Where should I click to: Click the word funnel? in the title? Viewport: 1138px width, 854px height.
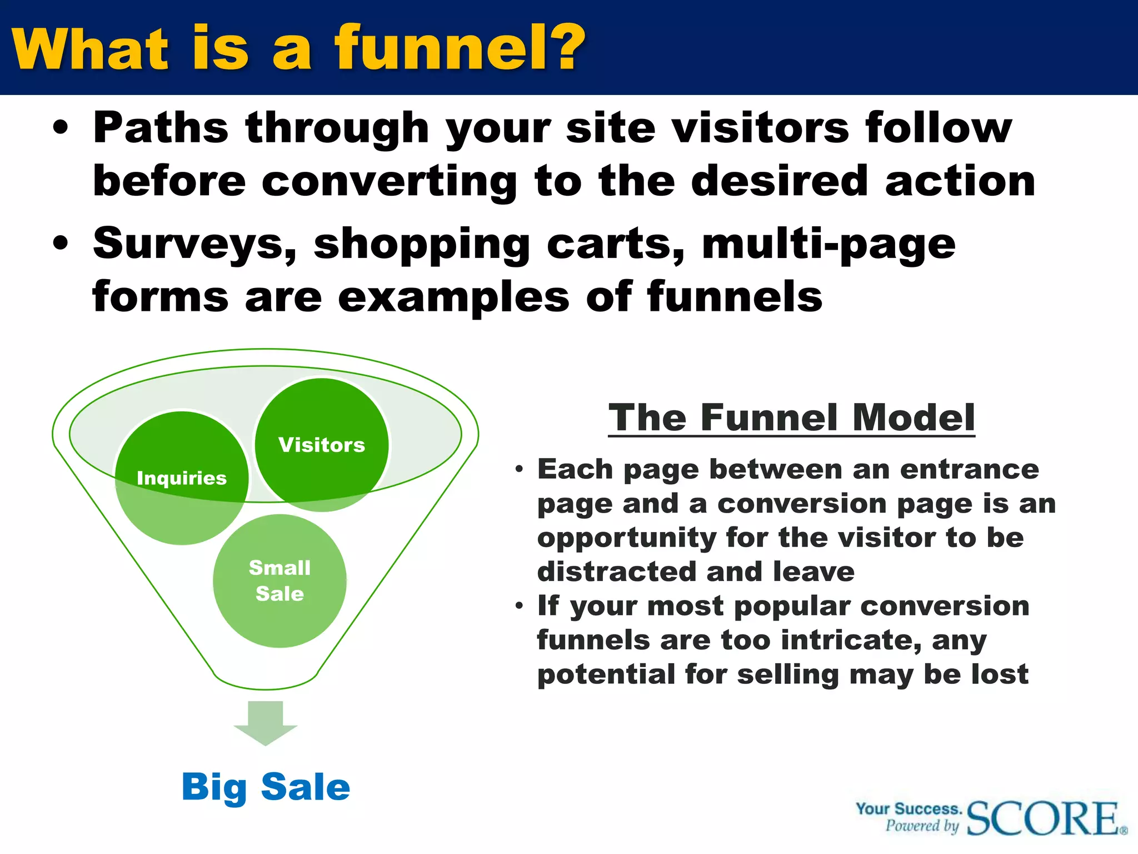(459, 49)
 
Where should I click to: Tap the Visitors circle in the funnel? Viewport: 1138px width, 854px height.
(322, 444)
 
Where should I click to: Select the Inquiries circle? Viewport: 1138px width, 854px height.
(182, 478)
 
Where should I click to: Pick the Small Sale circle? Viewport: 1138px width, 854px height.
(279, 580)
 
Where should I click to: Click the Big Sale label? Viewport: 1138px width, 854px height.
(266, 787)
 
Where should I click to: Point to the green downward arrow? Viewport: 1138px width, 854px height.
(266, 723)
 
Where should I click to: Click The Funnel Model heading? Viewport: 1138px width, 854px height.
(791, 418)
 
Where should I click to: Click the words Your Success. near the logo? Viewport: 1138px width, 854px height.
(908, 808)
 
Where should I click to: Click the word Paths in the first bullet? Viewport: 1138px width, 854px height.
(161, 128)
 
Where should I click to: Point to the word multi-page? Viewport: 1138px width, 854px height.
(828, 244)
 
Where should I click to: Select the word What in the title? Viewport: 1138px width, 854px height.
(89, 49)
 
